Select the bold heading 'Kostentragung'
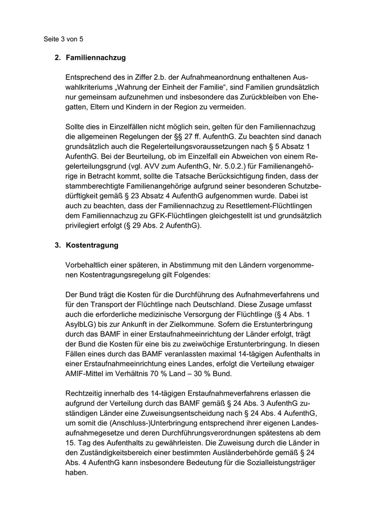92,245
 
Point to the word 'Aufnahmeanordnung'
197,77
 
